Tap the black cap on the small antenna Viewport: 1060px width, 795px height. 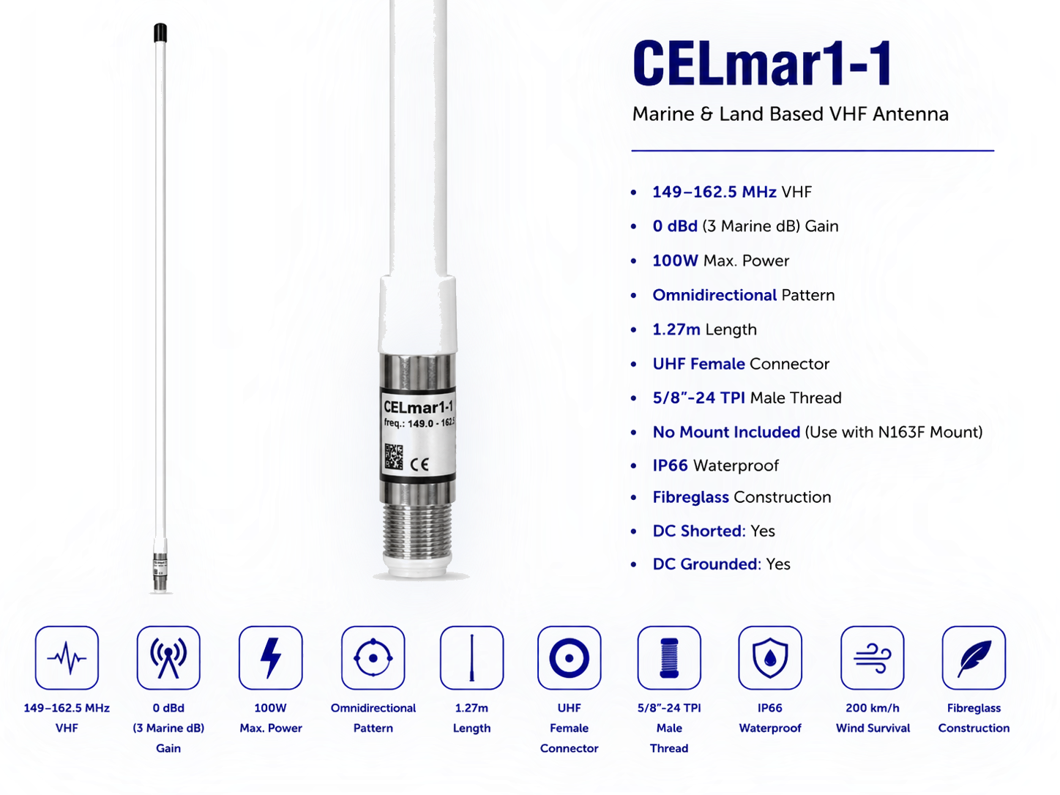(x=159, y=32)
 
